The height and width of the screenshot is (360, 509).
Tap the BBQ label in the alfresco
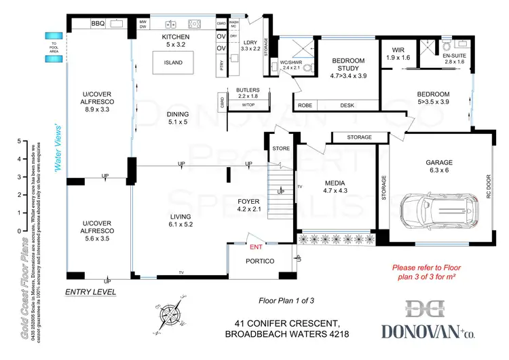pos(99,24)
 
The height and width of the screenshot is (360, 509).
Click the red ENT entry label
pos(256,247)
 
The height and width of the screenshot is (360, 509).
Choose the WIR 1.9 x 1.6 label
pos(397,54)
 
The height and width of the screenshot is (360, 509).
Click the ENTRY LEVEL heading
pos(90,291)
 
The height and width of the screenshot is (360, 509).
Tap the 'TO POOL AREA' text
pos(53,48)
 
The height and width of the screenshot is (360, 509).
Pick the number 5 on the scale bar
pos(18,142)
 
